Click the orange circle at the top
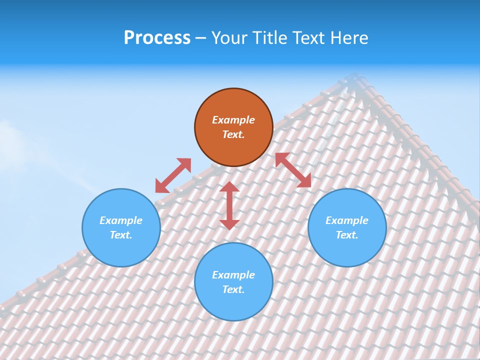point(233,127)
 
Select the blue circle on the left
point(121,227)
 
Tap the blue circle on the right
point(347,227)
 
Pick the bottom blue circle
point(233,282)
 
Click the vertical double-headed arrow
point(229,205)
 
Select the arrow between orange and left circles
point(173,175)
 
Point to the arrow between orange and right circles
point(293,170)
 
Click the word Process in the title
point(157,38)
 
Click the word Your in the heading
point(230,38)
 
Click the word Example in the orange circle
point(233,120)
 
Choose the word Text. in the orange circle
point(233,134)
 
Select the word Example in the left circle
point(121,220)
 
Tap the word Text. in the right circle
point(347,235)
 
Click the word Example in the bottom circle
point(233,275)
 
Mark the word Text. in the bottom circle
point(233,289)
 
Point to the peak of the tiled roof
point(356,76)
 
